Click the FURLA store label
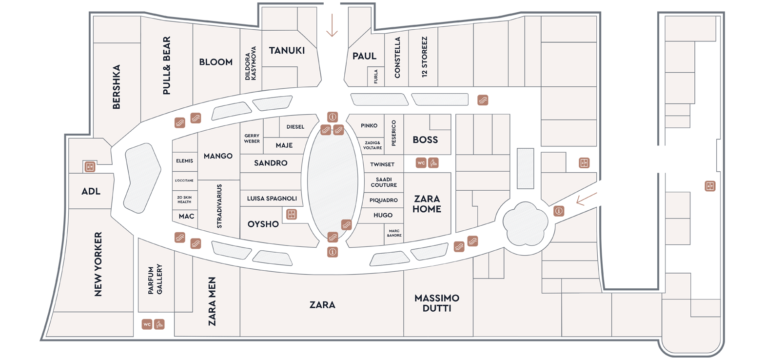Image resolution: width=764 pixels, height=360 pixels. (x=375, y=77)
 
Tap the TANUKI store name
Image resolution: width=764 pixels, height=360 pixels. (x=287, y=51)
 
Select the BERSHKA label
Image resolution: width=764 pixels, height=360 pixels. (x=117, y=87)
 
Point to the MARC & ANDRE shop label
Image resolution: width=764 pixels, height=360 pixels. (x=394, y=233)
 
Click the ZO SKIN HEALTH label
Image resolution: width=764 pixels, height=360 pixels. (x=184, y=200)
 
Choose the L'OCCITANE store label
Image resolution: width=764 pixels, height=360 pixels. (x=184, y=180)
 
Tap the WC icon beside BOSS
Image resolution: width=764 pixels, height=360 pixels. (x=421, y=163)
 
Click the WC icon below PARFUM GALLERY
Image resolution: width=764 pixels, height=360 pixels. (x=147, y=324)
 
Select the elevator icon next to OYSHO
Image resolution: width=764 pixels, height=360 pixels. (x=291, y=214)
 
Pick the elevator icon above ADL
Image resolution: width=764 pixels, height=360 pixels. (x=90, y=167)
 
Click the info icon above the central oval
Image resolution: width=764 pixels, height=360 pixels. (x=333, y=117)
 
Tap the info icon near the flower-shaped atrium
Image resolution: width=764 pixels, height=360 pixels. (x=559, y=211)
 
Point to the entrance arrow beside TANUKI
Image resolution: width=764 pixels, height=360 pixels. (x=332, y=25)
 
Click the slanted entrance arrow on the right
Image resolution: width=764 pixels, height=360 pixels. (x=587, y=199)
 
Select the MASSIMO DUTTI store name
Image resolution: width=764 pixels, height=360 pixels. (x=437, y=303)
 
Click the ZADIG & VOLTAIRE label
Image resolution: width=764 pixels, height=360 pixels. (x=372, y=145)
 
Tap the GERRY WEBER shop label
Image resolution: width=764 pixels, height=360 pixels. (x=252, y=138)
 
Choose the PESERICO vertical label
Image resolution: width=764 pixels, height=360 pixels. (x=393, y=133)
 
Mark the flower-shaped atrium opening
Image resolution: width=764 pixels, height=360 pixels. (x=525, y=223)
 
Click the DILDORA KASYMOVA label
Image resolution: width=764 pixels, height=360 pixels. (x=251, y=63)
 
